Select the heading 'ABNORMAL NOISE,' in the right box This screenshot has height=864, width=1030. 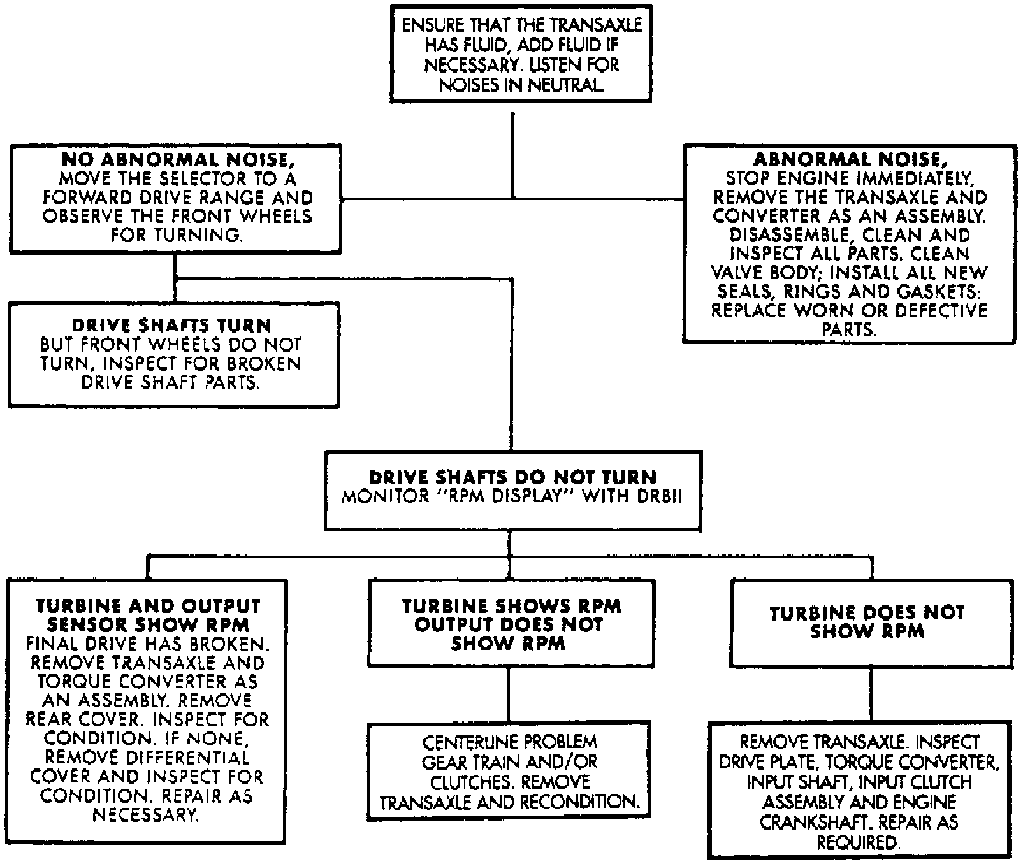[x=850, y=159]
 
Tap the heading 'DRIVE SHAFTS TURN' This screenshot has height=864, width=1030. [x=172, y=326]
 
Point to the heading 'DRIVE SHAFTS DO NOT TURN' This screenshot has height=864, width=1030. [x=513, y=478]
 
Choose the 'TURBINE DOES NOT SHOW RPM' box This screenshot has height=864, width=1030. [x=871, y=623]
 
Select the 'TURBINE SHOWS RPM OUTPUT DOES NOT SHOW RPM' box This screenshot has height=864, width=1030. [x=511, y=624]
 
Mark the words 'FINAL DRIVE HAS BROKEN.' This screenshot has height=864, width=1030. [x=146, y=644]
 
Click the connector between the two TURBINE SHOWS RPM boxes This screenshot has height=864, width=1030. [x=510, y=695]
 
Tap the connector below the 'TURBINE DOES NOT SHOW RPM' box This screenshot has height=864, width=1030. [x=871, y=695]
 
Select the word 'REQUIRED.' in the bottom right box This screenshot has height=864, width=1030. [x=859, y=843]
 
